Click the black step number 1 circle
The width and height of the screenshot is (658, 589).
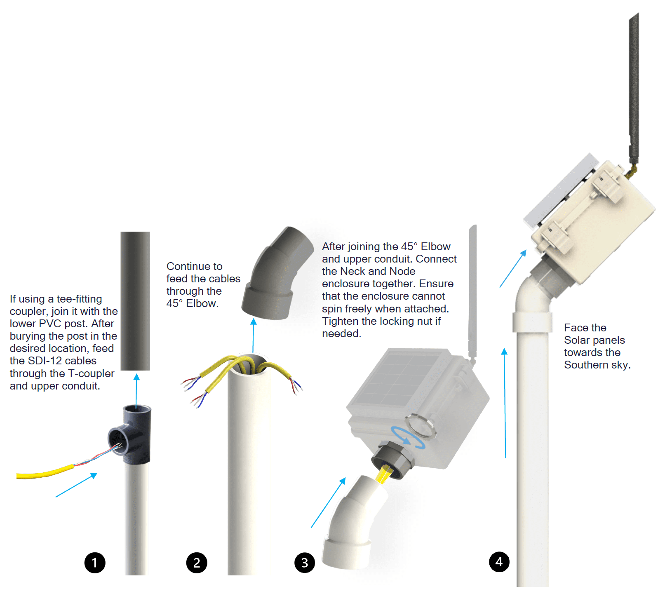[x=95, y=563]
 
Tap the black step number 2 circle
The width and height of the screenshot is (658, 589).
[x=197, y=563]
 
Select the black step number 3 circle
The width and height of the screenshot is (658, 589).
[x=305, y=563]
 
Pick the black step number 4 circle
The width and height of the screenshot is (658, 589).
[x=499, y=562]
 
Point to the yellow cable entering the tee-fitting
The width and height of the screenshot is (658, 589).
[x=45, y=473]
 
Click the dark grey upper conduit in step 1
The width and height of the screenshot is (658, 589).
[x=135, y=301]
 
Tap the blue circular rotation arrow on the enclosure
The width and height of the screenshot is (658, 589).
[x=408, y=437]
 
